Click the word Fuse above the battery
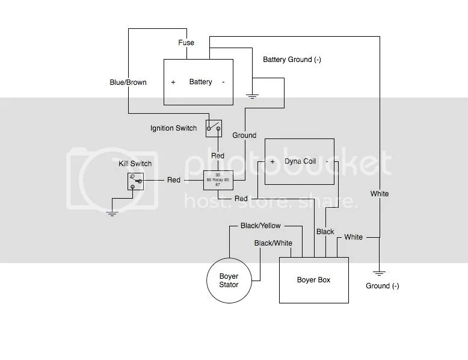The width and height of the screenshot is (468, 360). (185, 43)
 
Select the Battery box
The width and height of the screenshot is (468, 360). (199, 82)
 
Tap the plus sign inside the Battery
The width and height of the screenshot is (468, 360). (173, 82)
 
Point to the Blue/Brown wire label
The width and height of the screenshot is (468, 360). (128, 82)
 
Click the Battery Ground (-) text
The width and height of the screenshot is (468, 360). (292, 60)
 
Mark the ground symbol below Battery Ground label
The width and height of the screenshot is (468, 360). (253, 95)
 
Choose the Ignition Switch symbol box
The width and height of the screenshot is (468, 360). (214, 126)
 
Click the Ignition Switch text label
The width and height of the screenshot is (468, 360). (173, 128)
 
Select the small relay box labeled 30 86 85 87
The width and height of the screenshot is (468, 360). (218, 180)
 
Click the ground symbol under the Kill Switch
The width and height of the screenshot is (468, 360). (112, 213)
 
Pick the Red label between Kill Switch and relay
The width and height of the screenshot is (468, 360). (174, 180)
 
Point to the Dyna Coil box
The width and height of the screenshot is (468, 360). (300, 161)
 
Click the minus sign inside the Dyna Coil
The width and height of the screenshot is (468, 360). (327, 162)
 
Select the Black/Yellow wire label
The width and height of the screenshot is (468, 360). (260, 226)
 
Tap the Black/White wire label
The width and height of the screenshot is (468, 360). (273, 243)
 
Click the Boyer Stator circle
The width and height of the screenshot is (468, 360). (229, 280)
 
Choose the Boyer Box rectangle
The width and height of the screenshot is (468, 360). (313, 280)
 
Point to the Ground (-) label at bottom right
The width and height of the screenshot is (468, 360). (382, 286)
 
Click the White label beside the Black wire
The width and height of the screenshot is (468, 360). (354, 237)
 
